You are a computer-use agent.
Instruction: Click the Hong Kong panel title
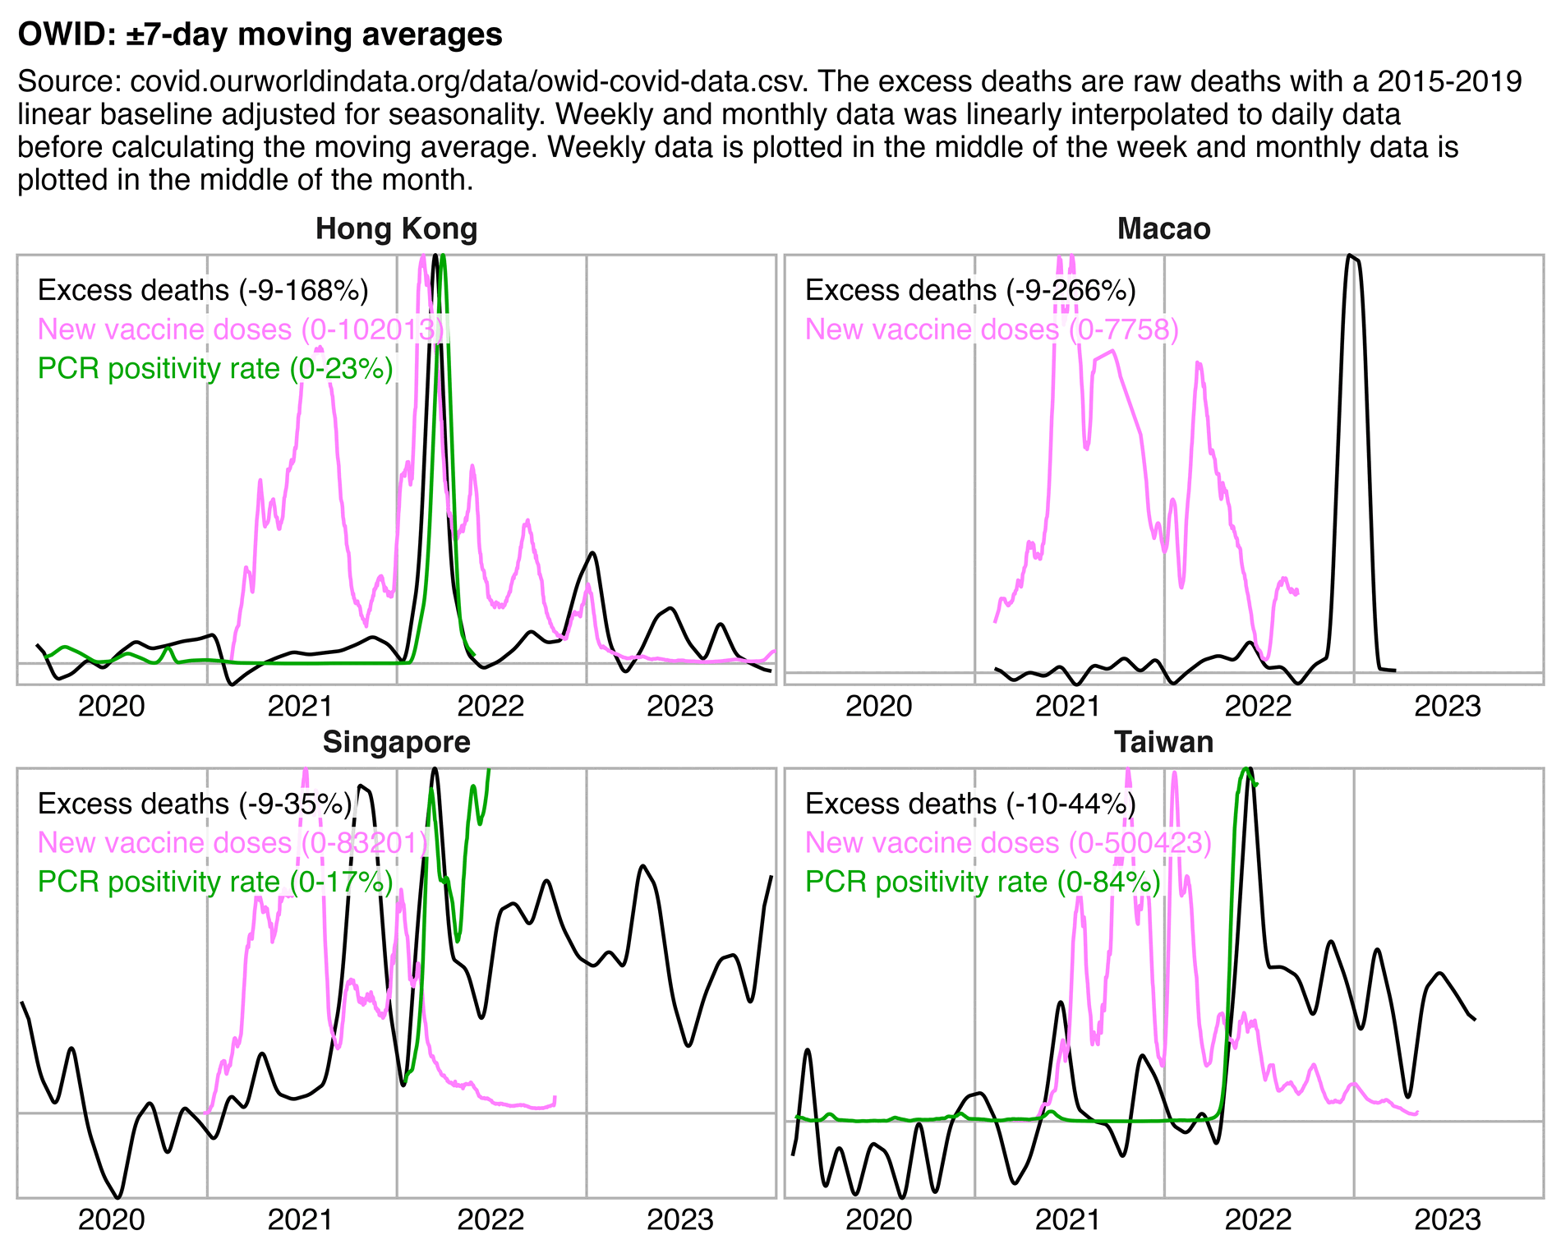(x=396, y=229)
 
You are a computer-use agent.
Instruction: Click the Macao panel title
(x=1163, y=229)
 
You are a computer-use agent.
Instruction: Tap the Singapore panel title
(x=396, y=743)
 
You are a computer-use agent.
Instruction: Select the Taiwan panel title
(x=1163, y=743)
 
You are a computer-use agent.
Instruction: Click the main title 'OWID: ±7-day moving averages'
(x=260, y=35)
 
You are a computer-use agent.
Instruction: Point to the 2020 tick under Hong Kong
(x=112, y=707)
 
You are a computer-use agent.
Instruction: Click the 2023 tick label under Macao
(x=1447, y=707)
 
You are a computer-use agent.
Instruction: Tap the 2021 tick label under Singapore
(x=301, y=1220)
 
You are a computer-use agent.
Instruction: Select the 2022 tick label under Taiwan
(x=1258, y=1220)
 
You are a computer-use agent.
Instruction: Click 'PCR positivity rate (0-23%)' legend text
(x=215, y=369)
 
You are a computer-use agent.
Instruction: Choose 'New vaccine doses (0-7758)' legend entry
(x=992, y=330)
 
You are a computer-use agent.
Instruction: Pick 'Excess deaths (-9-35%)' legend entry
(x=195, y=804)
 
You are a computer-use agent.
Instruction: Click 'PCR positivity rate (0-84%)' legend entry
(x=983, y=883)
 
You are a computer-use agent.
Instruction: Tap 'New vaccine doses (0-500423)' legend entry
(x=1008, y=843)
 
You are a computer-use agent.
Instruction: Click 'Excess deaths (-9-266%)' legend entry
(x=970, y=291)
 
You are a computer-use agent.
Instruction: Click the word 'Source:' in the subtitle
(x=69, y=82)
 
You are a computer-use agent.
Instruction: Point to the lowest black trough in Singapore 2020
(x=119, y=1196)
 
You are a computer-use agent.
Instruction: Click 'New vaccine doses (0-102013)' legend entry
(x=241, y=330)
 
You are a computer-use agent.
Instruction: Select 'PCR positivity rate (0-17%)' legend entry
(x=215, y=883)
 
